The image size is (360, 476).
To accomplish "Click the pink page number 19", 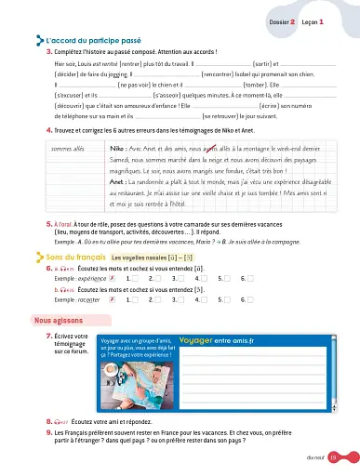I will (x=345, y=456).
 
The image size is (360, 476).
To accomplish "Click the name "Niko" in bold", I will (x=118, y=148).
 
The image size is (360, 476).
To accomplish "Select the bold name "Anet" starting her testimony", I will (x=118, y=183).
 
